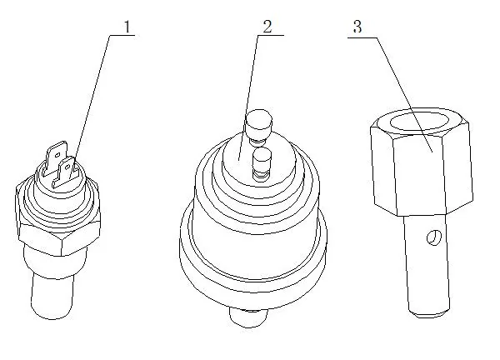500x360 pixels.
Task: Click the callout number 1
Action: [127, 27]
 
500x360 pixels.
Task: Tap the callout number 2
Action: [267, 26]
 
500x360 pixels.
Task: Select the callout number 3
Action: [357, 27]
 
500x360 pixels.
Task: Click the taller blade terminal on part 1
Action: [56, 159]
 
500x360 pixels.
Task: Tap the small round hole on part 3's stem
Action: [431, 240]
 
